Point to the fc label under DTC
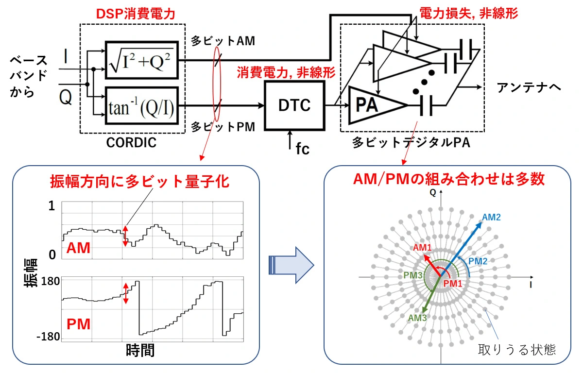tap(302, 148)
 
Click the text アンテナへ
tap(529, 87)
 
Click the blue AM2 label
tap(492, 217)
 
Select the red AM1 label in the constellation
tap(422, 248)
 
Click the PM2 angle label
tap(478, 261)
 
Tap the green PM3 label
tap(413, 274)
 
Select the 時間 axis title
tap(140, 350)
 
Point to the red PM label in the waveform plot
tap(78, 324)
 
